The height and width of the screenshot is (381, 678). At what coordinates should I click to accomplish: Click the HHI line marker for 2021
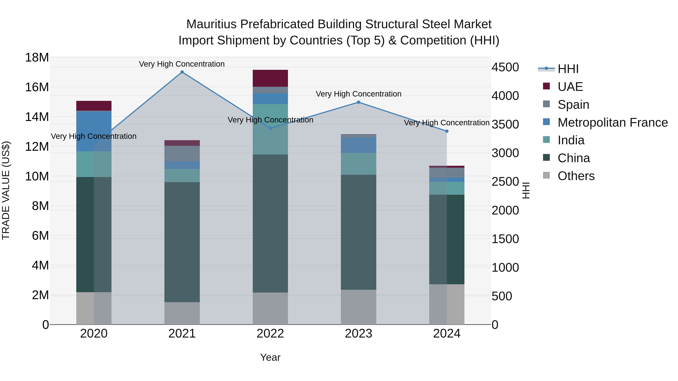pos(182,72)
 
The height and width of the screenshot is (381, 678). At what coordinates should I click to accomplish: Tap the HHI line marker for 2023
pos(358,102)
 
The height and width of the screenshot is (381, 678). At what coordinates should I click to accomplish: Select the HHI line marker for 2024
pos(447,131)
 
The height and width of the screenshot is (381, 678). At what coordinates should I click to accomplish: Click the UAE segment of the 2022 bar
pos(270,78)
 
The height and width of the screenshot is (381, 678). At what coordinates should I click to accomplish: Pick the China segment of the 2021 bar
pos(182,242)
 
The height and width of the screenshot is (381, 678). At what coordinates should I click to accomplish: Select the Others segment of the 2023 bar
pos(358,307)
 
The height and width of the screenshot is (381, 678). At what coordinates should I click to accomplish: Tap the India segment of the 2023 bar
pos(358,164)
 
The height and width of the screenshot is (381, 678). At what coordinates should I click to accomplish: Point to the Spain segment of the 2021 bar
pos(182,154)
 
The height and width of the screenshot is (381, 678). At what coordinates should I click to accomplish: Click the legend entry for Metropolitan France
pos(612,122)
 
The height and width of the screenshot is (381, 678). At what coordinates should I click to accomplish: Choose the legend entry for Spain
pos(573,105)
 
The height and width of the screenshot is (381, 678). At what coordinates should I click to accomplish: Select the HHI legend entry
pos(568,69)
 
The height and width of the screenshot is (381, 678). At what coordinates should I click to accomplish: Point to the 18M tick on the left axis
pos(37,57)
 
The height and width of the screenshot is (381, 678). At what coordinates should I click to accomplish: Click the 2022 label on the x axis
pos(270,334)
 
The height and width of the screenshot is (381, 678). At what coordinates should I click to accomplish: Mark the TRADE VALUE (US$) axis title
pos(6,190)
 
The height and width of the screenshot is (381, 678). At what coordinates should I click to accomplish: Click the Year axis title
pos(270,357)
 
